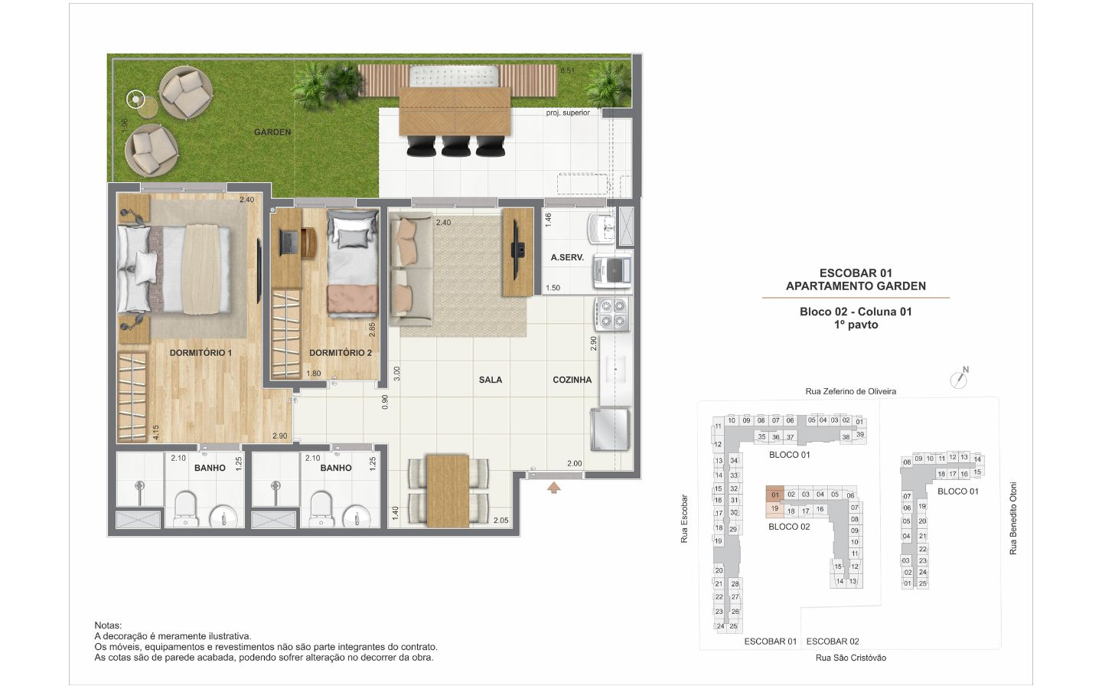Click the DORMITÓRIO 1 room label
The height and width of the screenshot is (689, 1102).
point(201,353)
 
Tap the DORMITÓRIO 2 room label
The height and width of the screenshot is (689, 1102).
point(341,353)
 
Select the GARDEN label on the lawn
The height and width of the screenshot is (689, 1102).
point(272,132)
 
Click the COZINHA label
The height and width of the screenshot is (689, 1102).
point(572,380)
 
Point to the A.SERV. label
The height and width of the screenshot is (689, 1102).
point(567,257)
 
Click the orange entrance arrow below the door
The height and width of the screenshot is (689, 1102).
point(554,488)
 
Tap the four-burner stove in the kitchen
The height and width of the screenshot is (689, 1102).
point(612,314)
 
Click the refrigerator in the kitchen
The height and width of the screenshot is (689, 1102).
point(610,429)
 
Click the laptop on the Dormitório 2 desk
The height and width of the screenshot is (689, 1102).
point(289,243)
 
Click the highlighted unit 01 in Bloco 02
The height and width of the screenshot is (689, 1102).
point(774,494)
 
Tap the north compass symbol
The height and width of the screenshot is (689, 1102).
point(959,378)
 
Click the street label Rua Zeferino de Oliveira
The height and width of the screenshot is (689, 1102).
point(851,392)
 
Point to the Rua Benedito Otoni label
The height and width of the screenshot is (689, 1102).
point(1013,518)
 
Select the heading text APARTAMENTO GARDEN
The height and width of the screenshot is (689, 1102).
point(856,286)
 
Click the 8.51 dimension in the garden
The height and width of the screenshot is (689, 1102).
point(567,71)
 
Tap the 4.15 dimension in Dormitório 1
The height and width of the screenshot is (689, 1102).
point(156,432)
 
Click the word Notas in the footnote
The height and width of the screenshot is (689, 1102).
point(108,625)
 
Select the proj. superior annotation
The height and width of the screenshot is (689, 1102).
point(568,113)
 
